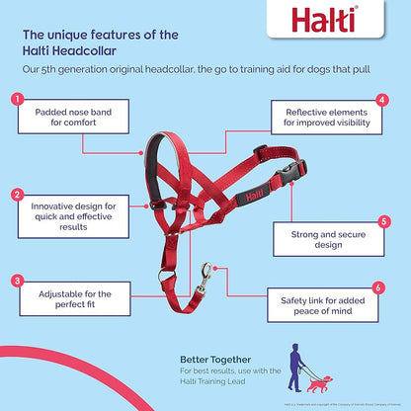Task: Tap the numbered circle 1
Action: [16, 100]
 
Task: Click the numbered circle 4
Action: [381, 100]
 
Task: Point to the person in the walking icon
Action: [296, 366]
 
